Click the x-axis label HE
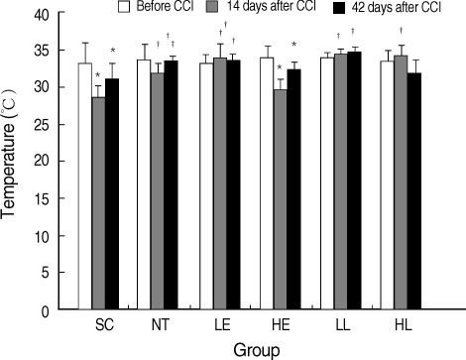[280, 325]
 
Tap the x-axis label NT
[159, 325]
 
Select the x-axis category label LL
[339, 325]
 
